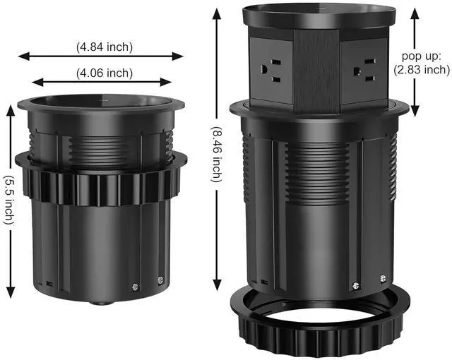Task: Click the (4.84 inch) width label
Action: click(105, 47)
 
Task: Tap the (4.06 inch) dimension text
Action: click(105, 71)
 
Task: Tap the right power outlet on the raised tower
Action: click(367, 70)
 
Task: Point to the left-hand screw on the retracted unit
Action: click(135, 286)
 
